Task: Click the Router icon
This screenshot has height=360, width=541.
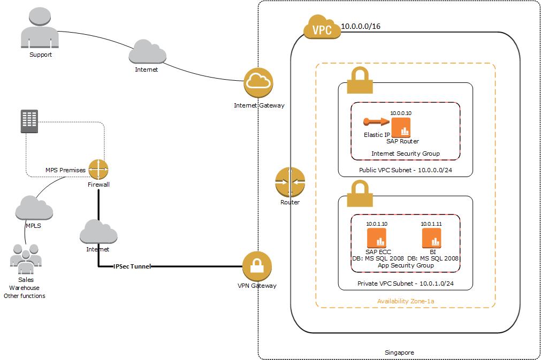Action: (x=290, y=182)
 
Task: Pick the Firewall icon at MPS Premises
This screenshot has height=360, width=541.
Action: (x=98, y=170)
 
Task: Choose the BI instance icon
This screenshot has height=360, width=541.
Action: (x=431, y=238)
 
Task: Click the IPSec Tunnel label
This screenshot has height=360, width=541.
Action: (x=132, y=266)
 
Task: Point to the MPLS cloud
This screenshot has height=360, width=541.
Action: (x=34, y=209)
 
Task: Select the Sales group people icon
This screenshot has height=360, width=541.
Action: (x=25, y=260)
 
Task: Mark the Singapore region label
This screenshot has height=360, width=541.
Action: (x=399, y=353)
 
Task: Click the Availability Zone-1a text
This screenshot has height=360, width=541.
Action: (x=405, y=301)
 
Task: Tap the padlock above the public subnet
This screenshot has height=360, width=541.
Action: (x=360, y=82)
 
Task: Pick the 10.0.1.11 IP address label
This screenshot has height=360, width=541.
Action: (x=431, y=224)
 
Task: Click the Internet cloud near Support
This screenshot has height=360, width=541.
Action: (x=146, y=53)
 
